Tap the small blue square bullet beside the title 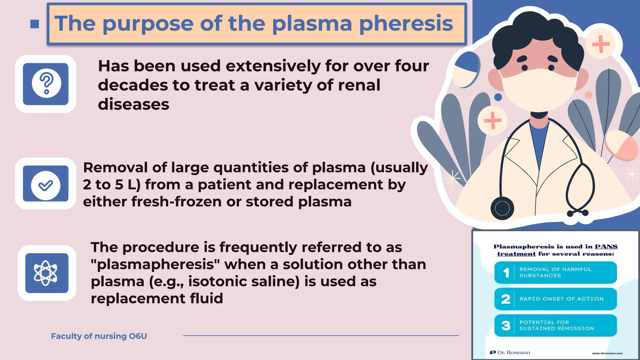tap(35, 24)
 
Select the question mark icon tap(46, 83)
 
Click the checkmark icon tap(46, 185)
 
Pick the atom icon tap(46, 273)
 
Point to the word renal tap(359, 85)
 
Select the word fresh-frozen tap(176, 202)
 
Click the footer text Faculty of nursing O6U tap(99, 336)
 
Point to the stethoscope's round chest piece tap(502, 208)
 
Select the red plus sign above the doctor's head tap(601, 44)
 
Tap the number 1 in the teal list tap(506, 273)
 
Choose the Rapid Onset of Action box tap(556, 299)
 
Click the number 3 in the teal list tap(506, 326)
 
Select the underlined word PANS tap(606, 247)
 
